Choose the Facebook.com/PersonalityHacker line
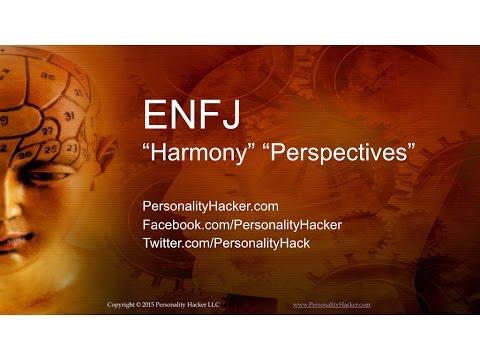pos(243,225)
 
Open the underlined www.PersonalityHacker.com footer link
pos(331,303)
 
